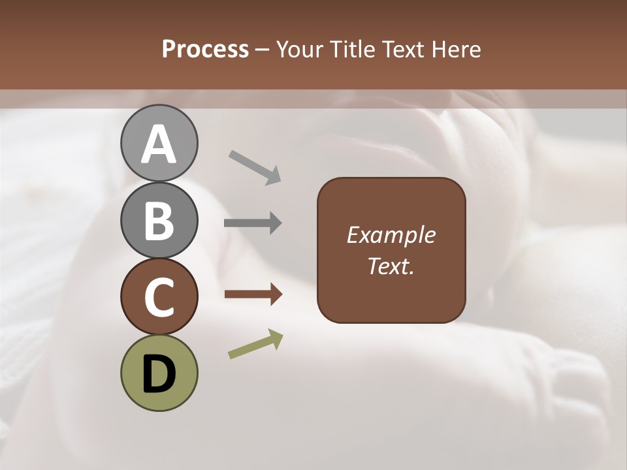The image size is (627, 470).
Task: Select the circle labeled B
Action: [159, 220]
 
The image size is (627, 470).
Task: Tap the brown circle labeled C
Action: [159, 296]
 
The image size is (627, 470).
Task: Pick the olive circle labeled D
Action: [159, 373]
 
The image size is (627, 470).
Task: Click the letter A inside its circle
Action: [159, 144]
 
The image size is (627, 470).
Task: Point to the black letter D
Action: [159, 374]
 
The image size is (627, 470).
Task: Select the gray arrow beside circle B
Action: [253, 223]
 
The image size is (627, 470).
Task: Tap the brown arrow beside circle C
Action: [253, 294]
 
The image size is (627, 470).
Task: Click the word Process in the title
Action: [205, 50]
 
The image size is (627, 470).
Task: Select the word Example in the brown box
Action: [391, 235]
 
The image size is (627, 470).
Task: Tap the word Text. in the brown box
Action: [391, 266]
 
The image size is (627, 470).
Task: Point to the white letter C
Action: [159, 297]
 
